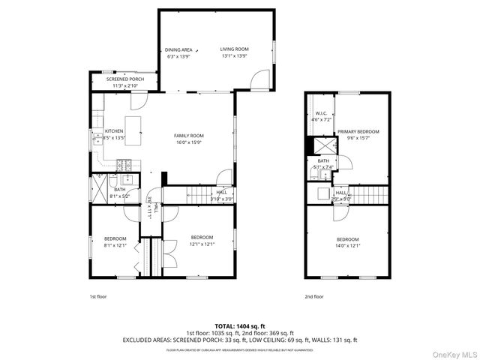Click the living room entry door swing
tap(259, 78)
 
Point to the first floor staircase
tap(202, 195)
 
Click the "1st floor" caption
tap(98, 296)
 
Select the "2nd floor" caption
tap(313, 296)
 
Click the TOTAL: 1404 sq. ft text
tap(240, 326)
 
